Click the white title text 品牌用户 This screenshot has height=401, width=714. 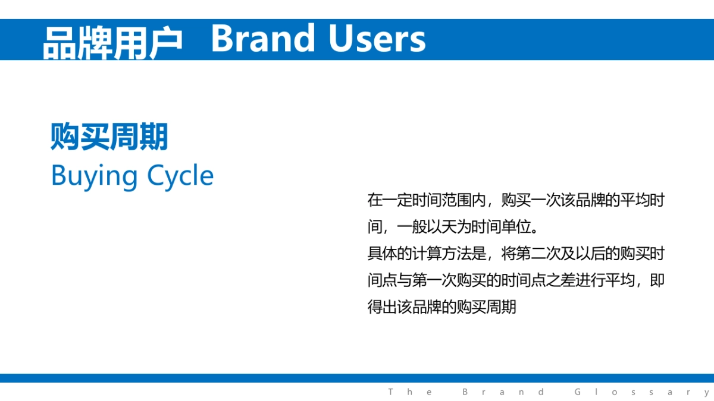click(112, 43)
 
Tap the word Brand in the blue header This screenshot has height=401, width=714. click(263, 38)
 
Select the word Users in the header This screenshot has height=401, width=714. click(377, 38)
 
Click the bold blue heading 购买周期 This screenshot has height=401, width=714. click(109, 136)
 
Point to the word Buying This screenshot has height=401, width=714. click(95, 176)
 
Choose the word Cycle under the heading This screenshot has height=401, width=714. click(180, 176)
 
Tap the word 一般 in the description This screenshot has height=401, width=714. click(412, 227)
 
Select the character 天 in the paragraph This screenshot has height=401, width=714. click(449, 227)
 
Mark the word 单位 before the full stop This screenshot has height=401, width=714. click(516, 227)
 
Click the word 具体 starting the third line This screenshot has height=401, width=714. click(382, 254)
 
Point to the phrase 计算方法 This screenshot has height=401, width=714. click(441, 254)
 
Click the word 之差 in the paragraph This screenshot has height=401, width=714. click(560, 280)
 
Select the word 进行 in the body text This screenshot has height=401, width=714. click(590, 280)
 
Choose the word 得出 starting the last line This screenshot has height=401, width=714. click(382, 307)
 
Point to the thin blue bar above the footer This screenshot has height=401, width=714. click(357, 378)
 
